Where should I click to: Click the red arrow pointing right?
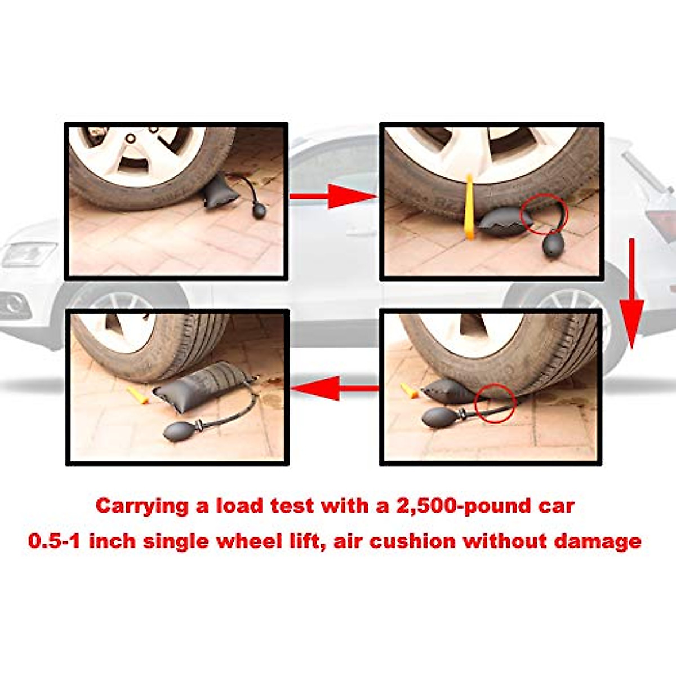point(332,196)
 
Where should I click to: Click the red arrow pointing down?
point(631,293)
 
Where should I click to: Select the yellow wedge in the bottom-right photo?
point(410,390)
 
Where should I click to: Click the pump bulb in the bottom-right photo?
point(439,417)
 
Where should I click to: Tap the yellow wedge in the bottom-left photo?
point(137,394)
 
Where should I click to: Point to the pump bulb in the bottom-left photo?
point(180,432)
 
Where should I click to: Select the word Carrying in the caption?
point(143,506)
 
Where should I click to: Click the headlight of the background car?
point(28,253)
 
